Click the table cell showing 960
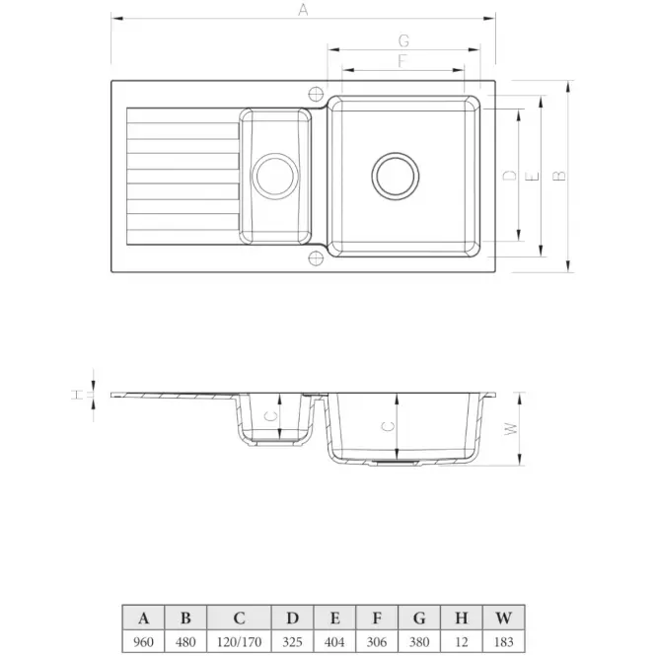point(143,641)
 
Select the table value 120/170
point(239,641)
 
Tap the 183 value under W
point(503,641)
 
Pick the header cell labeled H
point(461,618)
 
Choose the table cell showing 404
point(334,641)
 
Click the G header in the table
point(419,618)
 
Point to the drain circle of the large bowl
point(396,177)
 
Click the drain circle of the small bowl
point(275,177)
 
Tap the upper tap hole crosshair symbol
point(316,94)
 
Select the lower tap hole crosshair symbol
point(316,257)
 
